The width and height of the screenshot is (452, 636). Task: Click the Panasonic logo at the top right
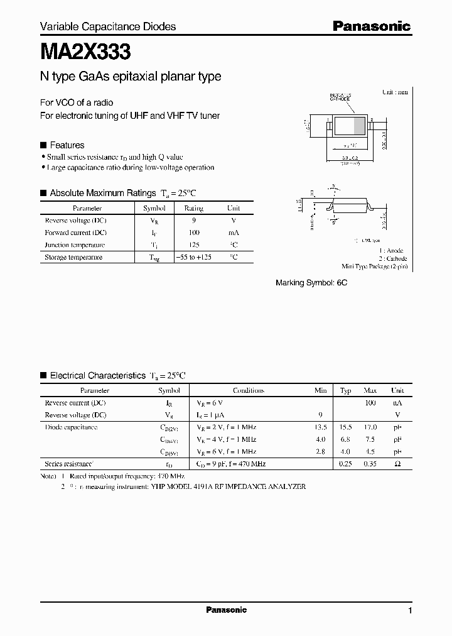coord(371,26)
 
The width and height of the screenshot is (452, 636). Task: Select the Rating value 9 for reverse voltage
coord(193,221)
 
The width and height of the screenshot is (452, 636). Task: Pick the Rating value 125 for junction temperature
coord(193,244)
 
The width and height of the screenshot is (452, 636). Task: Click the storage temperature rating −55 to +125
coord(193,257)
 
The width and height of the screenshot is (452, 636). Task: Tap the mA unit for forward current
coord(233,233)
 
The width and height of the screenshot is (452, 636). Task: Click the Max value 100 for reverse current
coord(370,403)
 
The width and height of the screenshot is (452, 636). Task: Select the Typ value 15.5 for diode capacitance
coord(345,427)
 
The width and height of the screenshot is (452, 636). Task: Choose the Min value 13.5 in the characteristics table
coord(320,427)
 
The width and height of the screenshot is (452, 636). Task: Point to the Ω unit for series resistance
coord(397,464)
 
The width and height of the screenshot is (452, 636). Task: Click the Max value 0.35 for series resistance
coord(370,464)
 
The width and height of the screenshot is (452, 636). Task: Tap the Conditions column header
coord(248,390)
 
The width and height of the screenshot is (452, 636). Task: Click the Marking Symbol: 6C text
coord(311,283)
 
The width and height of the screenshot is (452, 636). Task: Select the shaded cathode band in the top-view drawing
coord(359,125)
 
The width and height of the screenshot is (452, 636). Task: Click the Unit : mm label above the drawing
coord(395,92)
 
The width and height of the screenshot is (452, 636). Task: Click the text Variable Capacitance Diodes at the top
coord(108,26)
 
